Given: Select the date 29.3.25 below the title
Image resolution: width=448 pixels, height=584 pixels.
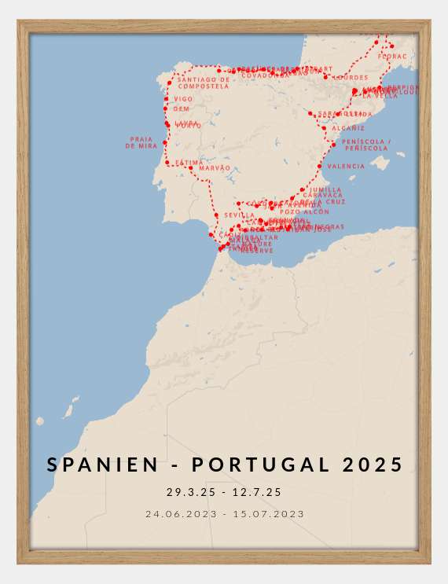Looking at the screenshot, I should (188, 493).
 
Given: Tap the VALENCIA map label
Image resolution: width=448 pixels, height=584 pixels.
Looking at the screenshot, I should (346, 167).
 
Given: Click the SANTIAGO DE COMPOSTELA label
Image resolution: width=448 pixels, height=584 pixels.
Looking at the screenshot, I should (203, 83).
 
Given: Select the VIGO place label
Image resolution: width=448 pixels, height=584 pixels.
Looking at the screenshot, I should (183, 100).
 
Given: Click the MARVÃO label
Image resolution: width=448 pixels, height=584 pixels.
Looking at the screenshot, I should (215, 168).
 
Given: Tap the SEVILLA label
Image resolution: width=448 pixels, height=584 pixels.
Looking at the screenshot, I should (239, 215).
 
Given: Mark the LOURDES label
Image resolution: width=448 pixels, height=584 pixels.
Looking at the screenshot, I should (350, 78).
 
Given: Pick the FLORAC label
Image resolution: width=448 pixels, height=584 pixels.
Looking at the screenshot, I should (392, 57).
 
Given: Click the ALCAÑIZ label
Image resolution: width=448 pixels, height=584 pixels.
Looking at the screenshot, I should (347, 128).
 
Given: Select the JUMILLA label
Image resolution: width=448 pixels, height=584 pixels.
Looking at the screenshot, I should (325, 190).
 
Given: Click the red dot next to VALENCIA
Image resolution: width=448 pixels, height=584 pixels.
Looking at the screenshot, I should (319, 166).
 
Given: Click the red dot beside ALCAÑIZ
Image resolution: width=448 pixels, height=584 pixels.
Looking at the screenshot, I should (324, 128).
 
